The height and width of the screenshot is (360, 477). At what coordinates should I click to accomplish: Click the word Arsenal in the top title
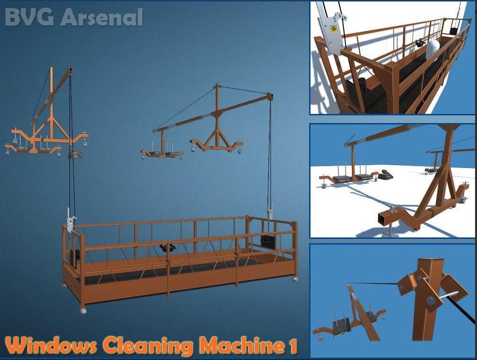pyautogui.click(x=102, y=17)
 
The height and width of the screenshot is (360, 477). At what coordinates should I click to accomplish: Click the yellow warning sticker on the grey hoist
pyautogui.click(x=334, y=29)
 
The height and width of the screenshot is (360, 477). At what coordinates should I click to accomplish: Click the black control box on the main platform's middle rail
pyautogui.click(x=167, y=247)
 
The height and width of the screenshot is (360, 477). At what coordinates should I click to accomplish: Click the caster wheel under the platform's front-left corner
pyautogui.click(x=83, y=310)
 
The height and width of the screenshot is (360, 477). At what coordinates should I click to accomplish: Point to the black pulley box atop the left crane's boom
pyautogui.click(x=70, y=71)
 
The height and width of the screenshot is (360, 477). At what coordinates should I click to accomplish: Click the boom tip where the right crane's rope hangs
pyautogui.click(x=270, y=97)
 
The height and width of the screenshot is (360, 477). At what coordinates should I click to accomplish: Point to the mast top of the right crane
pyautogui.click(x=217, y=87)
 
